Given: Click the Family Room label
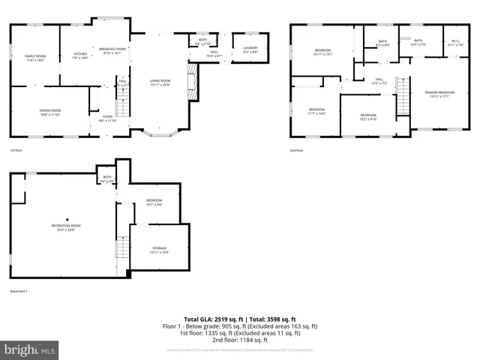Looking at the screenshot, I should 35,58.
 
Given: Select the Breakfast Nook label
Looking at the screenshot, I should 110,51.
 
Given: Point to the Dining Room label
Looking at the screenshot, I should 50,112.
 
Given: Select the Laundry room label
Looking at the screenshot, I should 250,50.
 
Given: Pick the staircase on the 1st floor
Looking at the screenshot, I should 124,101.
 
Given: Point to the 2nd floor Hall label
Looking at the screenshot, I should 379,81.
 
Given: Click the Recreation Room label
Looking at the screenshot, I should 66,227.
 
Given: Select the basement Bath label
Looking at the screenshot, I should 106,178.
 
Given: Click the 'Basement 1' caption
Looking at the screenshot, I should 19,291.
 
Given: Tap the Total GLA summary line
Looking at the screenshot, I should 240,319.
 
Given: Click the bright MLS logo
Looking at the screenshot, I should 30,350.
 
